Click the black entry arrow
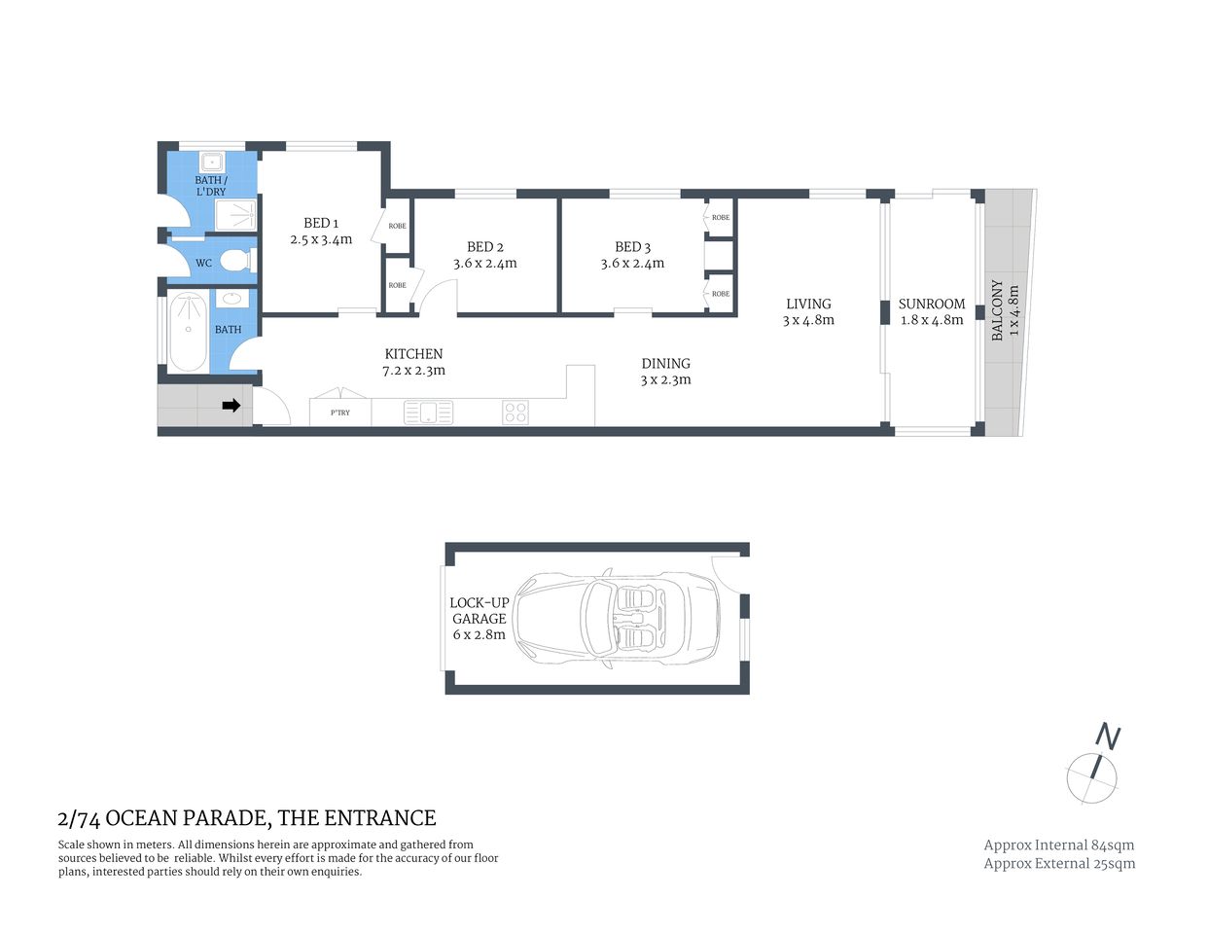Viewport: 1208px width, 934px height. tap(231, 406)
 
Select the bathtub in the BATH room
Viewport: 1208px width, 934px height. tap(188, 331)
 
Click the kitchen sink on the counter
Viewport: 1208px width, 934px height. tap(428, 413)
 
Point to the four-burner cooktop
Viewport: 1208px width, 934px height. tap(515, 413)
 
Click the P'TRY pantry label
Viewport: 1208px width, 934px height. tap(339, 413)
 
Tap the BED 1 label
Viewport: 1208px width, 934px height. tap(321, 223)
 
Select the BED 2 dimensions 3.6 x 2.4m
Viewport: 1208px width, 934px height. tap(484, 264)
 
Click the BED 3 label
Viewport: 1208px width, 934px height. tap(632, 247)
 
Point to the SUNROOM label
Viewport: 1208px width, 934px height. tap(931, 304)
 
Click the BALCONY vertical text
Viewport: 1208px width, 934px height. tap(997, 310)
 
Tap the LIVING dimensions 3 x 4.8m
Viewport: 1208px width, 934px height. tap(808, 320)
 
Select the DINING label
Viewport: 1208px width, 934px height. tap(665, 363)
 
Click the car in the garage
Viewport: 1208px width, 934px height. tap(617, 619)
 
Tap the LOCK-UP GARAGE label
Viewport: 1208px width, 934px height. tap(479, 610)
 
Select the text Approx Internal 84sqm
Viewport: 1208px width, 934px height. tap(1058, 844)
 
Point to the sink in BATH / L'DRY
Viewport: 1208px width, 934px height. tap(211, 162)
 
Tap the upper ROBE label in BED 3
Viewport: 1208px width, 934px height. tap(720, 217)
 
